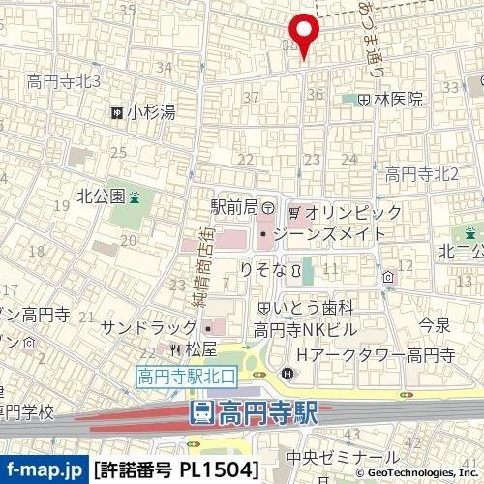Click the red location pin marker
pos(305,34)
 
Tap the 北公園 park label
pos(103,196)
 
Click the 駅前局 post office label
pos(234,208)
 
